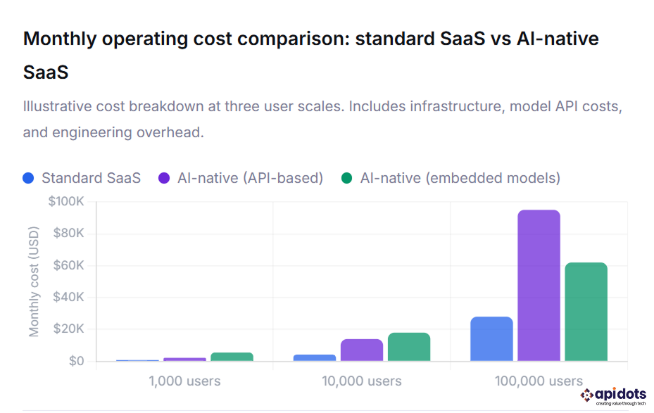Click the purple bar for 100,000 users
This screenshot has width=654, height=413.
pyautogui.click(x=539, y=286)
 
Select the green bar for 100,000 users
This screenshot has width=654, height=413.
pyautogui.click(x=586, y=312)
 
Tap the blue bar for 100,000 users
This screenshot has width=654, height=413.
pyautogui.click(x=491, y=339)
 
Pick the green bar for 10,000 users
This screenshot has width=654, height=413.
pyautogui.click(x=409, y=347)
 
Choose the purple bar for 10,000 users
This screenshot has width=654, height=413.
pyautogui.click(x=362, y=350)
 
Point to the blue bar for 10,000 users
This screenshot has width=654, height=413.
pyautogui.click(x=315, y=357)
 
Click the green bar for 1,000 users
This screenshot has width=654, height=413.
pyautogui.click(x=232, y=357)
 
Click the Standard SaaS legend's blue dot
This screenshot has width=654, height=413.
pyautogui.click(x=28, y=178)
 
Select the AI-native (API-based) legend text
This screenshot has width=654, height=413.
pyautogui.click(x=250, y=178)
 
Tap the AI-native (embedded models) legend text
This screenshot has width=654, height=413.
pyautogui.click(x=460, y=178)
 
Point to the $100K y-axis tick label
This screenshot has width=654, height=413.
pyautogui.click(x=66, y=202)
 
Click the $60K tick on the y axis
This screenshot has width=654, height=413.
pyautogui.click(x=69, y=265)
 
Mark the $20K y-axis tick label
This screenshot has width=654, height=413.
pyautogui.click(x=69, y=329)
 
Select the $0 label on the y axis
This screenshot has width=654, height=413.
pyautogui.click(x=76, y=361)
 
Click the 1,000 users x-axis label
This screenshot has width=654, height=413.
pyautogui.click(x=184, y=381)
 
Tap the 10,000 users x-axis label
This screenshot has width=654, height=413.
pyautogui.click(x=362, y=381)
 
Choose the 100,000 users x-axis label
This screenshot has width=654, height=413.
pyautogui.click(x=539, y=381)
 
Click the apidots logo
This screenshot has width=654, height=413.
pyautogui.click(x=612, y=396)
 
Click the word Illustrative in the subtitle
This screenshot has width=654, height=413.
pyautogui.click(x=60, y=107)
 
